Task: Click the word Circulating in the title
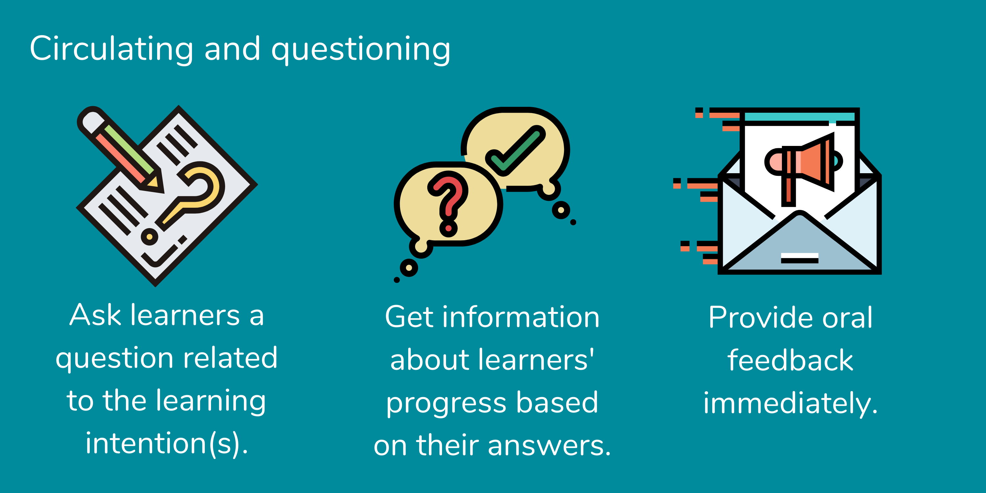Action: tap(111, 49)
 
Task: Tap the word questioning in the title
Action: tap(361, 50)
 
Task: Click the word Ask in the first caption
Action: tap(95, 316)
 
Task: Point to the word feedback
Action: tap(790, 361)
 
